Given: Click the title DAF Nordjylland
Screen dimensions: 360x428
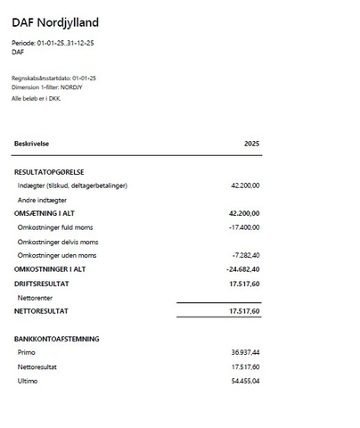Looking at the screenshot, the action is point(55,22).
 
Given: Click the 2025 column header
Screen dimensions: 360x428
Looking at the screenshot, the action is point(251,144).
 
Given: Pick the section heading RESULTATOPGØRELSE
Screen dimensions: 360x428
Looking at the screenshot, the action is point(49,171).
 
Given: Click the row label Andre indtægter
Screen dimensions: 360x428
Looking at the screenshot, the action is point(42,200).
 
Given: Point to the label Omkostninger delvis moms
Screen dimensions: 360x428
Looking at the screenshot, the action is point(58,242).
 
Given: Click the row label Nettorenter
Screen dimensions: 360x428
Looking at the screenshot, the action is point(37,297).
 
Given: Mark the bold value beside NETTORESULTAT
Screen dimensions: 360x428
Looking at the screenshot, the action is point(244,311).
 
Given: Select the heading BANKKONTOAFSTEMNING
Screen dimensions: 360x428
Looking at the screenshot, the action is point(56,339).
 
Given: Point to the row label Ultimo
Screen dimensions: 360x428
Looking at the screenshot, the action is point(28,381).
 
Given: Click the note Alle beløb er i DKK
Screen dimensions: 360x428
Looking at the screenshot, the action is point(37,98).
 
